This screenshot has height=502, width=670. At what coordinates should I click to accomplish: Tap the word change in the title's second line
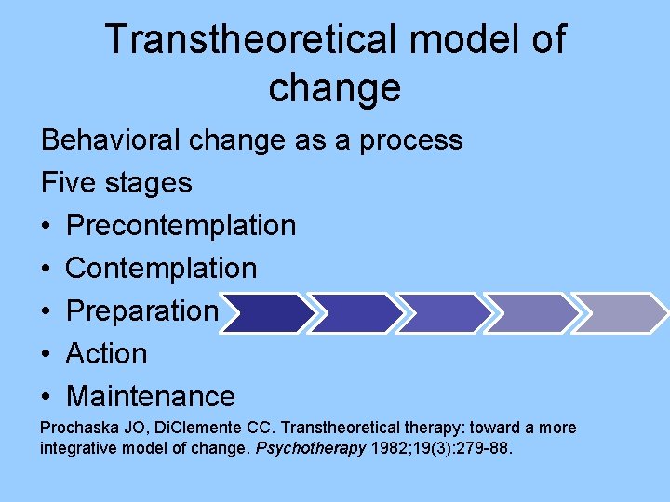pos(334,87)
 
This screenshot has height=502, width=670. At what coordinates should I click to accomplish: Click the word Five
pos(70,182)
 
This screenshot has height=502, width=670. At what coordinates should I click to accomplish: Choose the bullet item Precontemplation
pos(181,225)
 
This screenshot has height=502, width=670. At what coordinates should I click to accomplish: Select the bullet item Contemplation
pos(161,268)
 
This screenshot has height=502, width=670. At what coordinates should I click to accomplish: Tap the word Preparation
pos(142,310)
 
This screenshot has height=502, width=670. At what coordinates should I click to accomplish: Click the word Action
pos(106,353)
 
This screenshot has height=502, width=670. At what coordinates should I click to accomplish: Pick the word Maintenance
pos(151,396)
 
